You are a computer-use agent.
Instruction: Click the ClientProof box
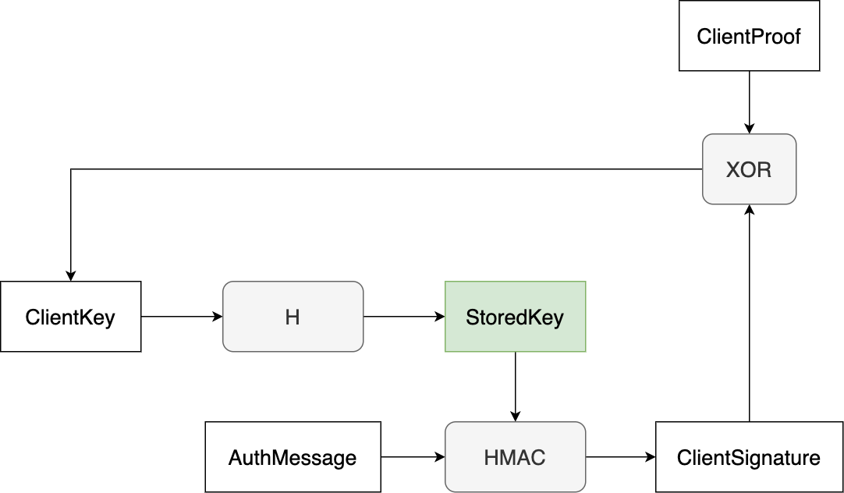point(749,36)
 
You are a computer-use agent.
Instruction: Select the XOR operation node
point(749,169)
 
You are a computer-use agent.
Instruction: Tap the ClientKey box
point(70,317)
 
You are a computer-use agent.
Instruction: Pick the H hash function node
point(293,317)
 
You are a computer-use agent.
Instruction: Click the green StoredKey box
point(515,317)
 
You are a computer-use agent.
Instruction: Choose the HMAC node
point(515,457)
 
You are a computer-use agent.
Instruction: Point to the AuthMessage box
point(293,457)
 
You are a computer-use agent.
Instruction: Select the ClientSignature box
point(749,457)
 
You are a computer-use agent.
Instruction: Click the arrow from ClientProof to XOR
point(749,101)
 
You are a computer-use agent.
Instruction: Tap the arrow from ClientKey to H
point(181,317)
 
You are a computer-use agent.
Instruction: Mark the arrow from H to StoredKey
point(403,317)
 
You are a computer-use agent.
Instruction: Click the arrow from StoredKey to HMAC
point(515,386)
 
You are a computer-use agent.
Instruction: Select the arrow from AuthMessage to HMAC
point(412,457)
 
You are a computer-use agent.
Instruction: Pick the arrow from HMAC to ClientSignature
point(620,457)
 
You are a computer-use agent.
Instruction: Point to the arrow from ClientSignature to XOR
point(749,312)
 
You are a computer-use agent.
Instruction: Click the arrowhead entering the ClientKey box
point(70,276)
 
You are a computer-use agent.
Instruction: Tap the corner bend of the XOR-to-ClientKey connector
point(71,169)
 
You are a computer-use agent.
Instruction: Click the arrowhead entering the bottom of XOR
point(749,210)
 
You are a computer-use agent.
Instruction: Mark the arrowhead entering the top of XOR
point(749,129)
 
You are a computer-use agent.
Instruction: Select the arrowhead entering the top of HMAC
point(515,417)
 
